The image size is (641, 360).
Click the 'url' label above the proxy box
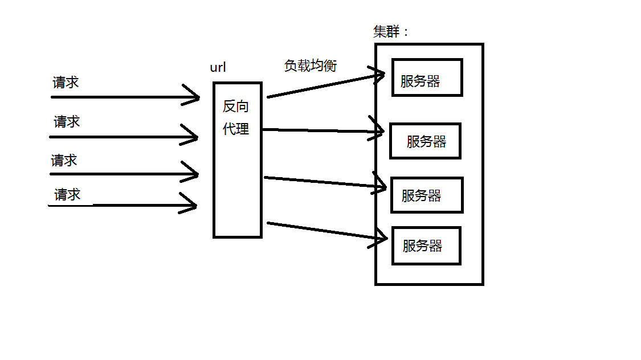[x=218, y=67]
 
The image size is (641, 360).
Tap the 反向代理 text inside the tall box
[x=236, y=118]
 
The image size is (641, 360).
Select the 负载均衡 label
[x=311, y=66]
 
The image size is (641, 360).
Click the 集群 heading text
[x=388, y=32]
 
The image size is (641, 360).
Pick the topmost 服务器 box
[x=427, y=77]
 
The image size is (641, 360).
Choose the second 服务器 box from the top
[x=425, y=141]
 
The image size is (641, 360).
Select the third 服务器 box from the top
[x=427, y=195]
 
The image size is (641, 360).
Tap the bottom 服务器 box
[x=426, y=246]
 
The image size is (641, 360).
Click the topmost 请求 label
[x=66, y=83]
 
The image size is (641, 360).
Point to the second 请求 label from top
[x=67, y=121]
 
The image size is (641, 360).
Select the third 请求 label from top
[x=64, y=161]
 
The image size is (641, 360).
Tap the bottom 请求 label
[x=67, y=195]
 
